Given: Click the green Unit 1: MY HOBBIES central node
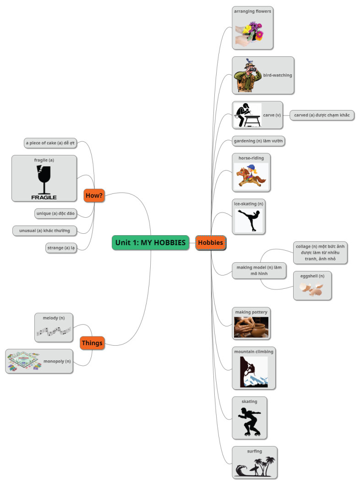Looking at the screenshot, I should click(x=150, y=242).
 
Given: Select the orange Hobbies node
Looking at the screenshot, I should click(x=211, y=242).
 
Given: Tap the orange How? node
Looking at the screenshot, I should click(x=94, y=196).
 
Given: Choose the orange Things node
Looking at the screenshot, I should click(x=92, y=342).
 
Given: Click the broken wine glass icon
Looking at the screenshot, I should click(x=44, y=179).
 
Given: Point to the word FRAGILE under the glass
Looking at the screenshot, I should click(x=44, y=197).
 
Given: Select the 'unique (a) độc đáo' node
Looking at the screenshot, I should click(x=55, y=213).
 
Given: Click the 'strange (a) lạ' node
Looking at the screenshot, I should click(x=61, y=248).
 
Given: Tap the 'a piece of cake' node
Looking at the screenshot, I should click(x=50, y=143).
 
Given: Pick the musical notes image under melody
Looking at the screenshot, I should click(x=54, y=331).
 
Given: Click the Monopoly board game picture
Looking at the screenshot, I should click(x=23, y=362).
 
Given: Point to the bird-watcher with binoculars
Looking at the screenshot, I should click(x=246, y=77).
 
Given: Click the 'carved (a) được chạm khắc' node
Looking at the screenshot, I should click(x=322, y=115).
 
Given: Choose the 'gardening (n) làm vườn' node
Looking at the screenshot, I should click(x=259, y=141).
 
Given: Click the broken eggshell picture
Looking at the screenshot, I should click(x=311, y=289).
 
